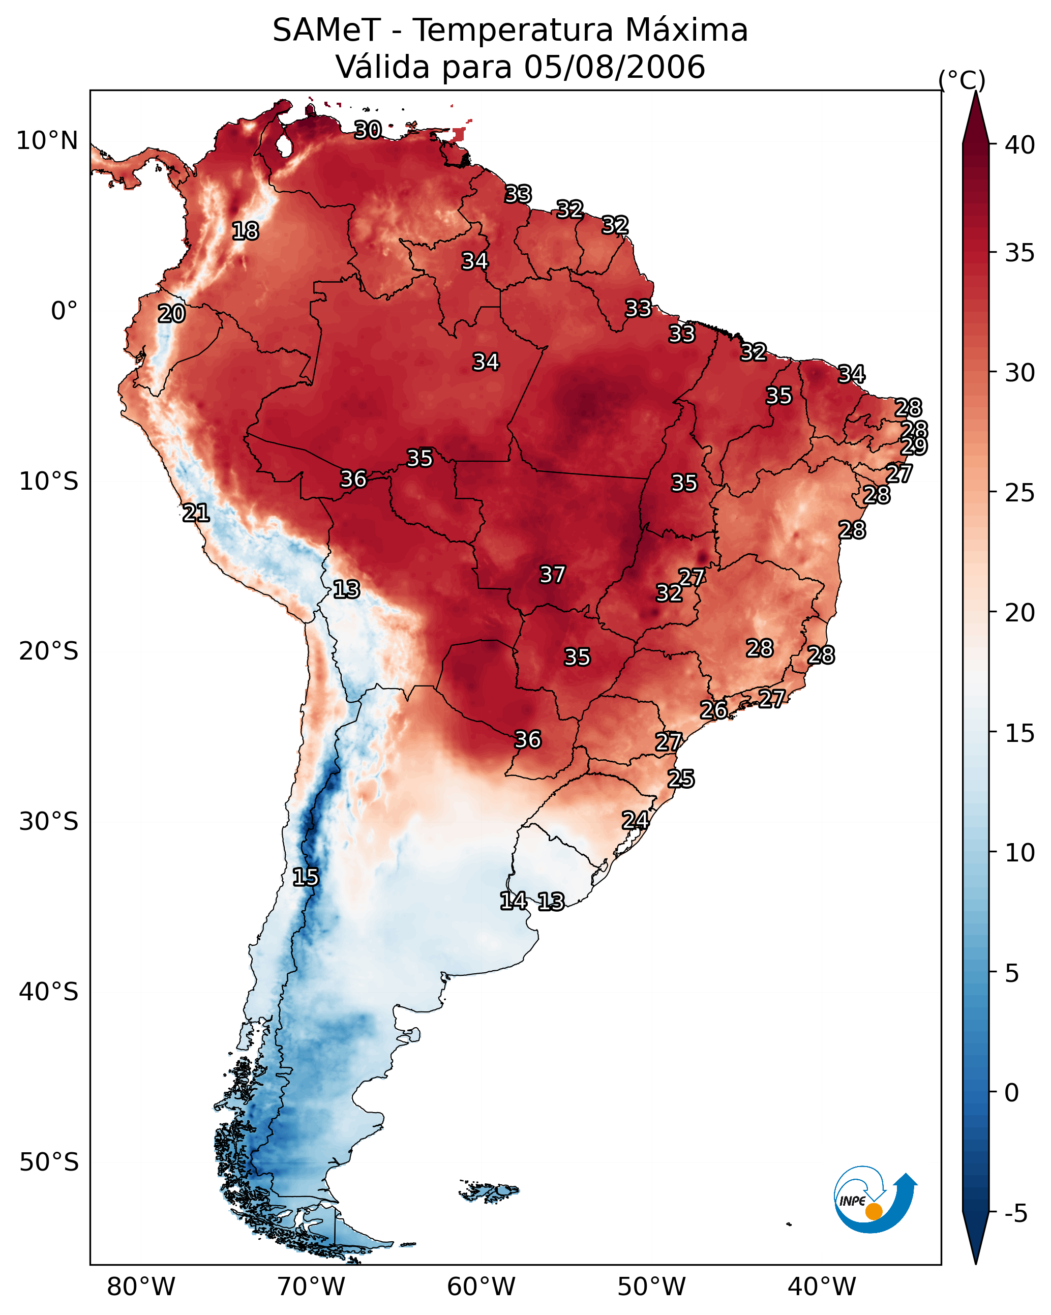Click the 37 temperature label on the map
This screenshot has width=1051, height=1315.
pos(552,575)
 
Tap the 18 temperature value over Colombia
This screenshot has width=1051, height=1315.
pos(245,231)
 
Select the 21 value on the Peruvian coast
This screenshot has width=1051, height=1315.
pos(196,513)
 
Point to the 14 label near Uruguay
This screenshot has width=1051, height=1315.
pos(513,901)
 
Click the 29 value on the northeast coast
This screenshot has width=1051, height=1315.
pos(914,446)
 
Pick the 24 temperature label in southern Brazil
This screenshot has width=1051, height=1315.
pos(635,820)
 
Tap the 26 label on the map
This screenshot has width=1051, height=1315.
pos(713,710)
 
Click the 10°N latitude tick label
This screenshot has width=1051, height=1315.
pos(47,141)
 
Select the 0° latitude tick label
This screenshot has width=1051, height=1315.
pos(64,311)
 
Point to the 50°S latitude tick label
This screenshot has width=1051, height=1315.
pos(49,1162)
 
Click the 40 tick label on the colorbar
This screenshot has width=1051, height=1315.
pos(1020,145)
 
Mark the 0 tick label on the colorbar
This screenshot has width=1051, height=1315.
pos(1012,1093)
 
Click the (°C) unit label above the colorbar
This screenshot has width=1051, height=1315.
pos(962,80)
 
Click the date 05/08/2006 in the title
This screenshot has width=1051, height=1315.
pos(615,67)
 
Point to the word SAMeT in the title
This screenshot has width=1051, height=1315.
pos(326,31)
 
